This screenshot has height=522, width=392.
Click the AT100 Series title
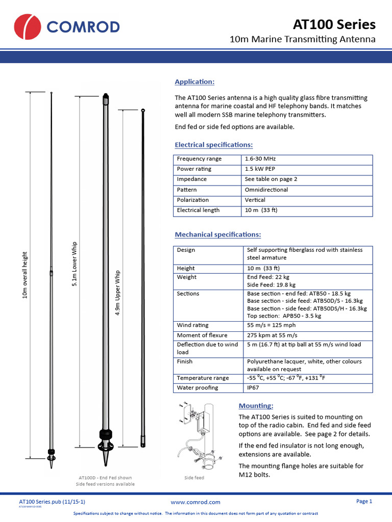coord(334,24)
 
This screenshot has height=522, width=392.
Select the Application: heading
coord(194,82)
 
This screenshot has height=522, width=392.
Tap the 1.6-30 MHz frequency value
coord(260,159)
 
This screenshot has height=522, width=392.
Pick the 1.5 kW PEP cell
coord(260,169)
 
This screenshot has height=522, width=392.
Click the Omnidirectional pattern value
coord(266,190)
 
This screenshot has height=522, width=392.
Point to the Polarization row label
coord(192,200)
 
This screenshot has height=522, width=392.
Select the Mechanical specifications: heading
coord(218,234)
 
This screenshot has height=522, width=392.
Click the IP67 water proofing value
coord(252,387)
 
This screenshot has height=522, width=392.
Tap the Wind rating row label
coord(192,325)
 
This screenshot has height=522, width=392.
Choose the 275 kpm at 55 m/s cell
coord(272,335)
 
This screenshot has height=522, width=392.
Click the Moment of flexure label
coord(202,335)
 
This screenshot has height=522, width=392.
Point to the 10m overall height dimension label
coord(25,275)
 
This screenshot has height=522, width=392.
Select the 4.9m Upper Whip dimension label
coord(118,293)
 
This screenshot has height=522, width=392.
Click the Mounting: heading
coord(256,406)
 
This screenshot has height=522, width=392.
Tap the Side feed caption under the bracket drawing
coord(194,478)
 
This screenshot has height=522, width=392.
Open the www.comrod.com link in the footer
coord(195,502)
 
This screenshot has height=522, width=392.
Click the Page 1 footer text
coord(364,502)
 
